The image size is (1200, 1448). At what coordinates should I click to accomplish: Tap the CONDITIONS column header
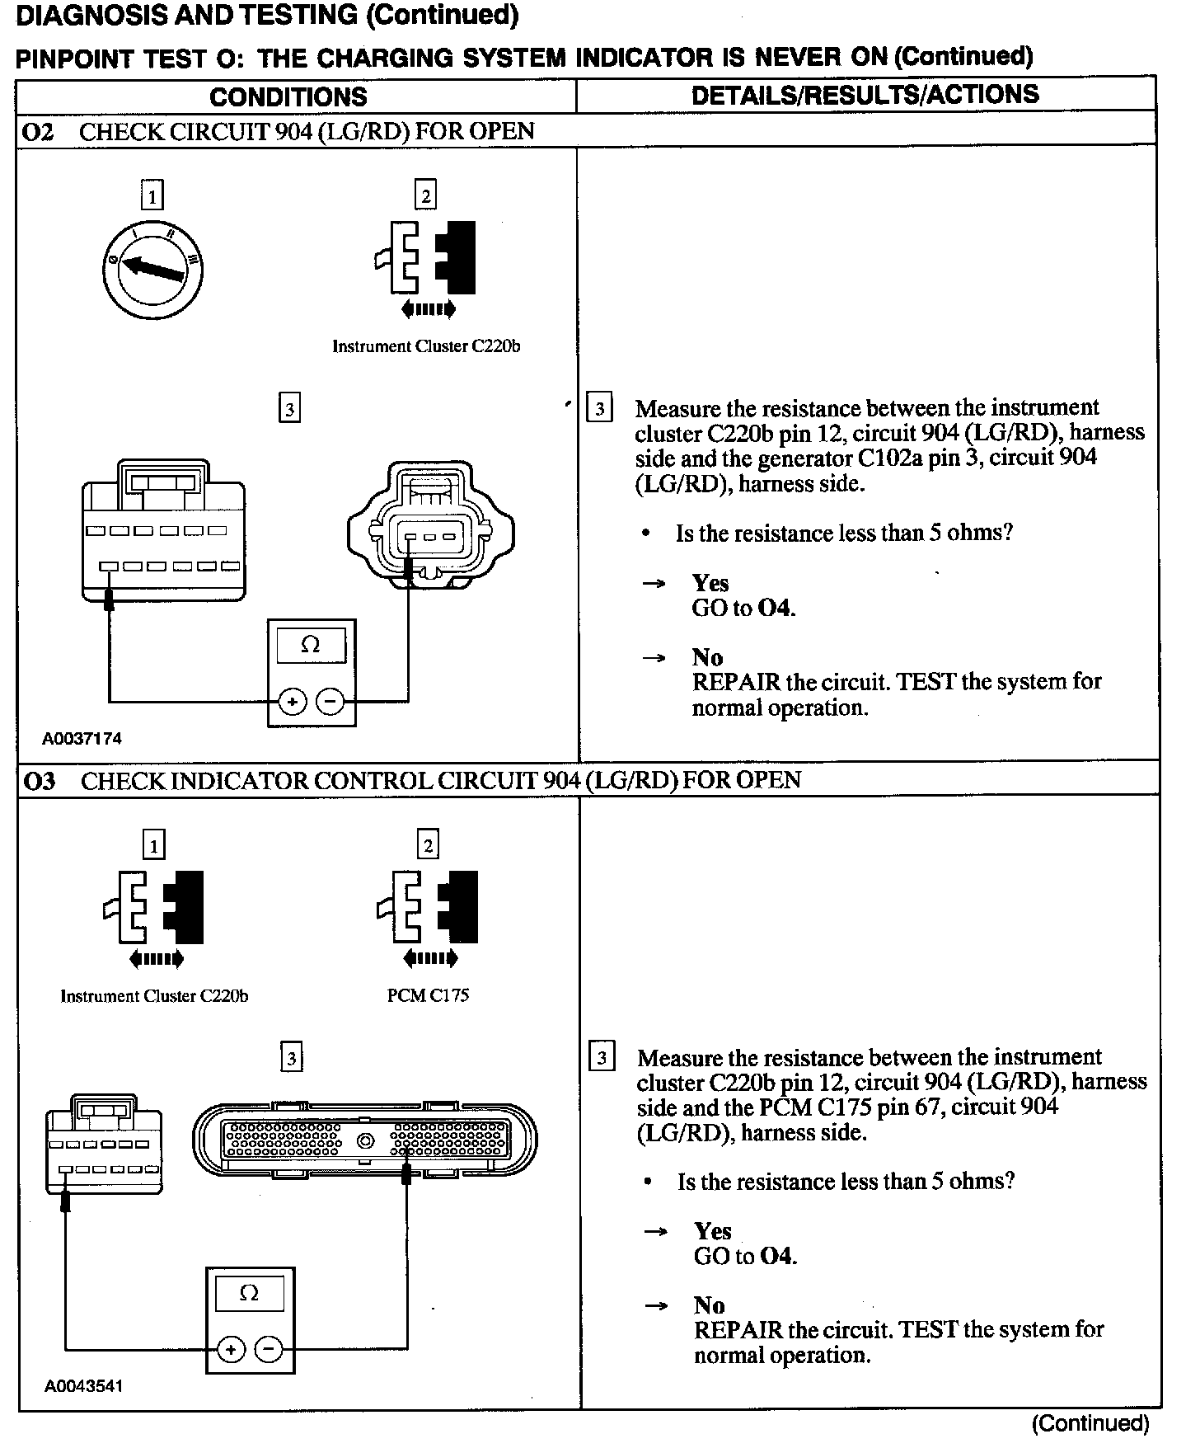pyautogui.click(x=288, y=96)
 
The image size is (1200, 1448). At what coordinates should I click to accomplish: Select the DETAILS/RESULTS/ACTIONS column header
pyautogui.click(x=865, y=95)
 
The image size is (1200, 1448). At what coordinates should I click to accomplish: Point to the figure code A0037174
pyautogui.click(x=82, y=739)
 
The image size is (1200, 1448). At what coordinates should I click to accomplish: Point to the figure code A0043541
pyautogui.click(x=83, y=1386)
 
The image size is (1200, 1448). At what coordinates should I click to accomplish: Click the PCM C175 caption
pyautogui.click(x=428, y=995)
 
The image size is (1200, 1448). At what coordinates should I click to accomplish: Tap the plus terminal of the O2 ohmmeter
pyautogui.click(x=292, y=702)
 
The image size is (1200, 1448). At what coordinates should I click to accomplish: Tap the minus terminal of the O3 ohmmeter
pyautogui.click(x=269, y=1350)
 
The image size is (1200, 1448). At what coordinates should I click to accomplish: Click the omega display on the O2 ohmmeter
pyautogui.click(x=311, y=644)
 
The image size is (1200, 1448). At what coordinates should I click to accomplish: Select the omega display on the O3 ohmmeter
pyautogui.click(x=249, y=1293)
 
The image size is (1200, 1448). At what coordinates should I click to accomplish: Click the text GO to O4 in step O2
pyautogui.click(x=743, y=609)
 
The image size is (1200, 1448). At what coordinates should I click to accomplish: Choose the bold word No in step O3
pyautogui.click(x=709, y=1305)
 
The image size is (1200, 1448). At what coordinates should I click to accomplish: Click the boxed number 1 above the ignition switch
pyautogui.click(x=152, y=196)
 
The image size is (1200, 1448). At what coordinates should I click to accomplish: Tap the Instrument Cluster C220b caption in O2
pyautogui.click(x=426, y=346)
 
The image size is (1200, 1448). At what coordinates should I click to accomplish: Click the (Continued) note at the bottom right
pyautogui.click(x=1090, y=1423)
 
